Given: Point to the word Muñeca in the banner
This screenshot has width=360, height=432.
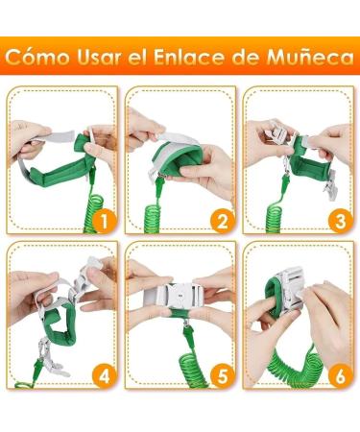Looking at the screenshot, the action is (x=310, y=57).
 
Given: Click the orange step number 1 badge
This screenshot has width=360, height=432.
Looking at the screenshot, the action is (x=103, y=221).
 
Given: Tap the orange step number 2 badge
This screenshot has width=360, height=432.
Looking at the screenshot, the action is (x=222, y=221).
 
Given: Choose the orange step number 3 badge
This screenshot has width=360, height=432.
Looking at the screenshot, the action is (x=340, y=221).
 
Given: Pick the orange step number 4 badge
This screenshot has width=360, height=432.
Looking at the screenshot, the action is (x=103, y=375).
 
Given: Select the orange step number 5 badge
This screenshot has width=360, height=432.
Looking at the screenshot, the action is (x=222, y=375).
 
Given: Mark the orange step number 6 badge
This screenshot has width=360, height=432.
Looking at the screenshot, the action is (x=340, y=375).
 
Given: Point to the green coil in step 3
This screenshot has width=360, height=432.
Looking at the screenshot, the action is (x=274, y=218).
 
